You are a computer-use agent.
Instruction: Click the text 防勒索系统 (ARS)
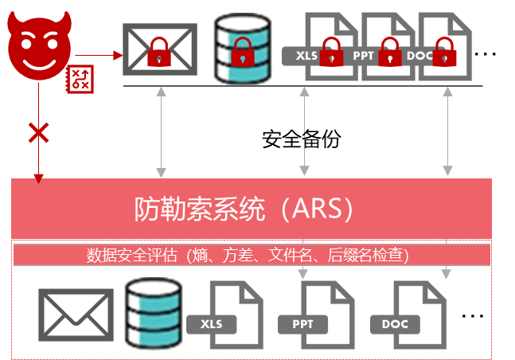coord(243,209)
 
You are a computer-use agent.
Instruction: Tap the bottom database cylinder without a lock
coord(154,313)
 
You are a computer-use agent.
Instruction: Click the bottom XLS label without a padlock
coord(212,324)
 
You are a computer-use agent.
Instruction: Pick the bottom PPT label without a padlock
coord(303,324)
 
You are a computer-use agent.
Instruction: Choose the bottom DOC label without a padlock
coord(395,324)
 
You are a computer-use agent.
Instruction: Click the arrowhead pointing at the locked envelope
coord(118,55)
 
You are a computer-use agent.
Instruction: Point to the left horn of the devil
coord(16,20)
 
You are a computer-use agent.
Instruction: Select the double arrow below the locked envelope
coord(162,131)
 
